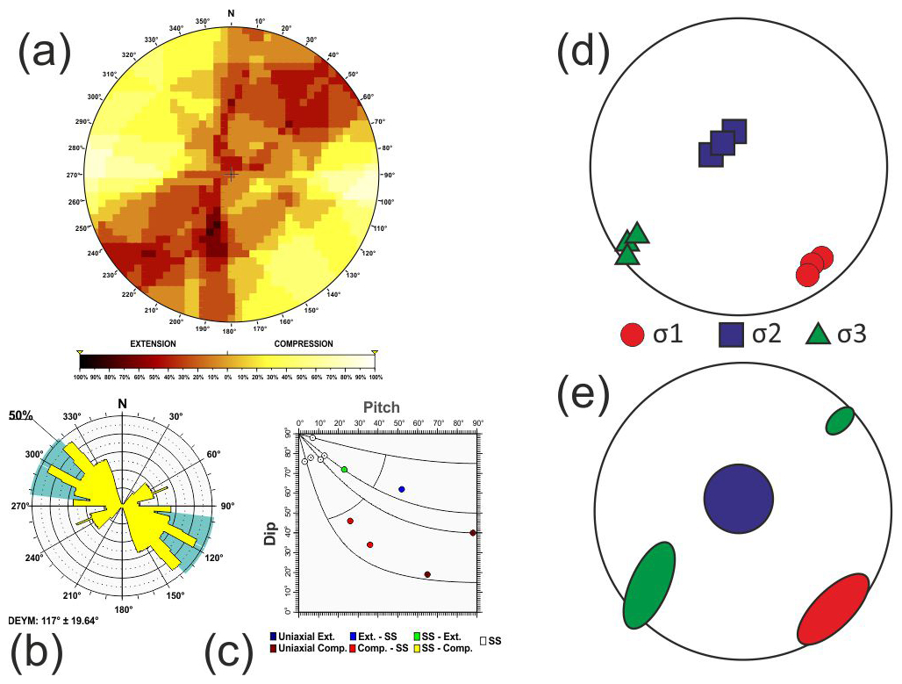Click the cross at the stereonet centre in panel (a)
[x=231, y=175]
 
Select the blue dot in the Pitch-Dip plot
[x=402, y=489]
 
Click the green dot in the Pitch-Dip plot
[x=345, y=470]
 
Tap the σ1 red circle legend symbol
[x=633, y=335]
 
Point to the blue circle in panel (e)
[x=738, y=499]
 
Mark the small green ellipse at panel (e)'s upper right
[x=840, y=421]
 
